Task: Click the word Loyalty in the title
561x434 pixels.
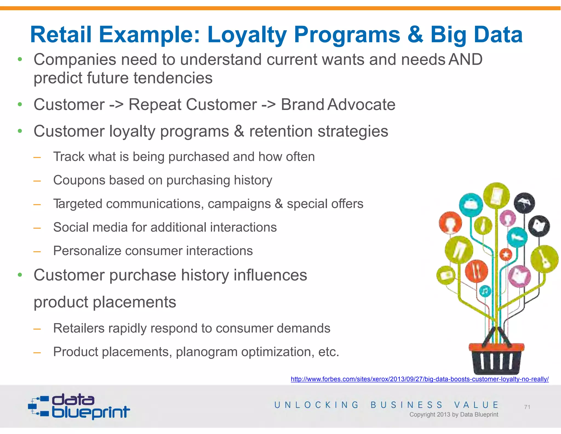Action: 247,35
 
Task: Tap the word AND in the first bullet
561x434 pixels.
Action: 465,59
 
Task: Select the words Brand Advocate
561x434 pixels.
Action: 338,105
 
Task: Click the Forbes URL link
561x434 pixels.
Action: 419,379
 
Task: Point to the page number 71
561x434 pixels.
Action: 527,407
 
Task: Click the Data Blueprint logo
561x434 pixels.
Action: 79,406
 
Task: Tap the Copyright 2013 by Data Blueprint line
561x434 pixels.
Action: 454,415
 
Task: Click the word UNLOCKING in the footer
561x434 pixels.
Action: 316,405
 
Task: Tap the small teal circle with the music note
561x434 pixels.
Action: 485,291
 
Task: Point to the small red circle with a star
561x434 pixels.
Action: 506,255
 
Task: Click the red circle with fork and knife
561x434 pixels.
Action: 476,271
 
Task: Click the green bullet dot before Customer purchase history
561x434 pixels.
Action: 20,275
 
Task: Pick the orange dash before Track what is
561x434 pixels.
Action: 37,157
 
